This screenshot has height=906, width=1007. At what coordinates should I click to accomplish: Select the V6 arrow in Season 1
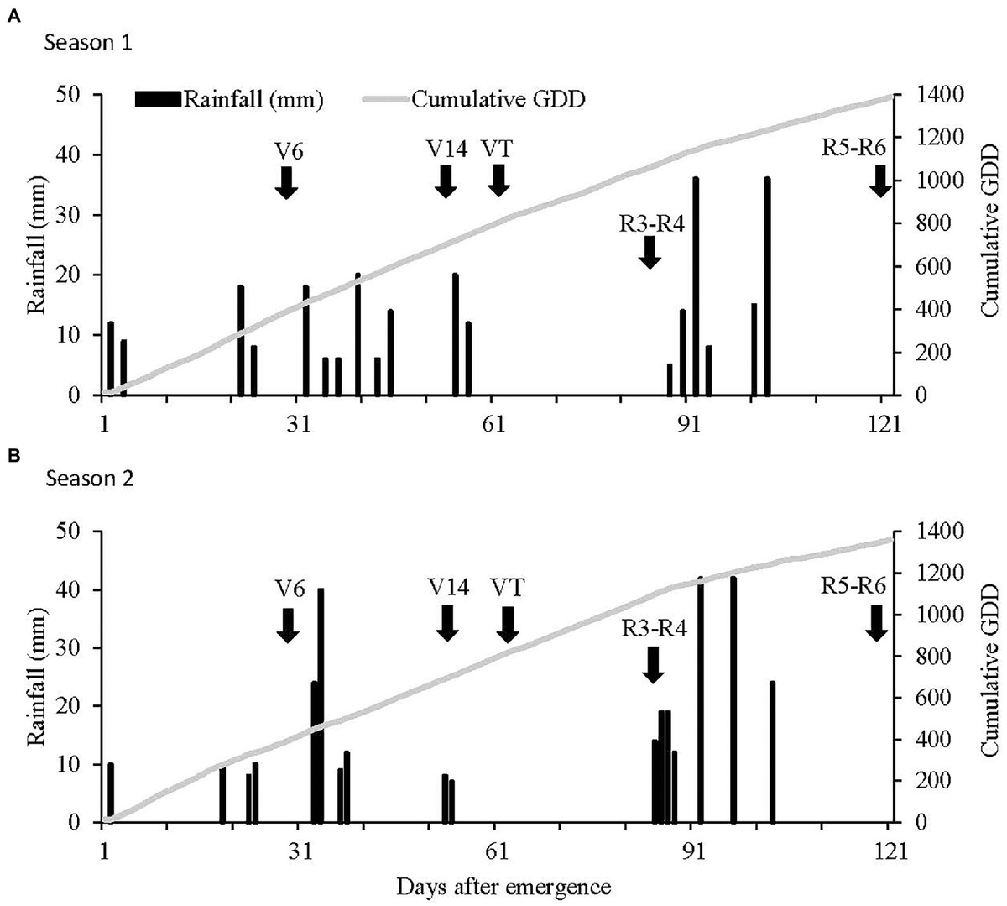(x=286, y=182)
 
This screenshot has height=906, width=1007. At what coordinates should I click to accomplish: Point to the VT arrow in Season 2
(x=507, y=624)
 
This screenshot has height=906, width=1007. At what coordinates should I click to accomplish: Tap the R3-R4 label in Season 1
(x=647, y=223)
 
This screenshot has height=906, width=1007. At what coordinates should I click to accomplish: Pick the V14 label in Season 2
(x=446, y=587)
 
